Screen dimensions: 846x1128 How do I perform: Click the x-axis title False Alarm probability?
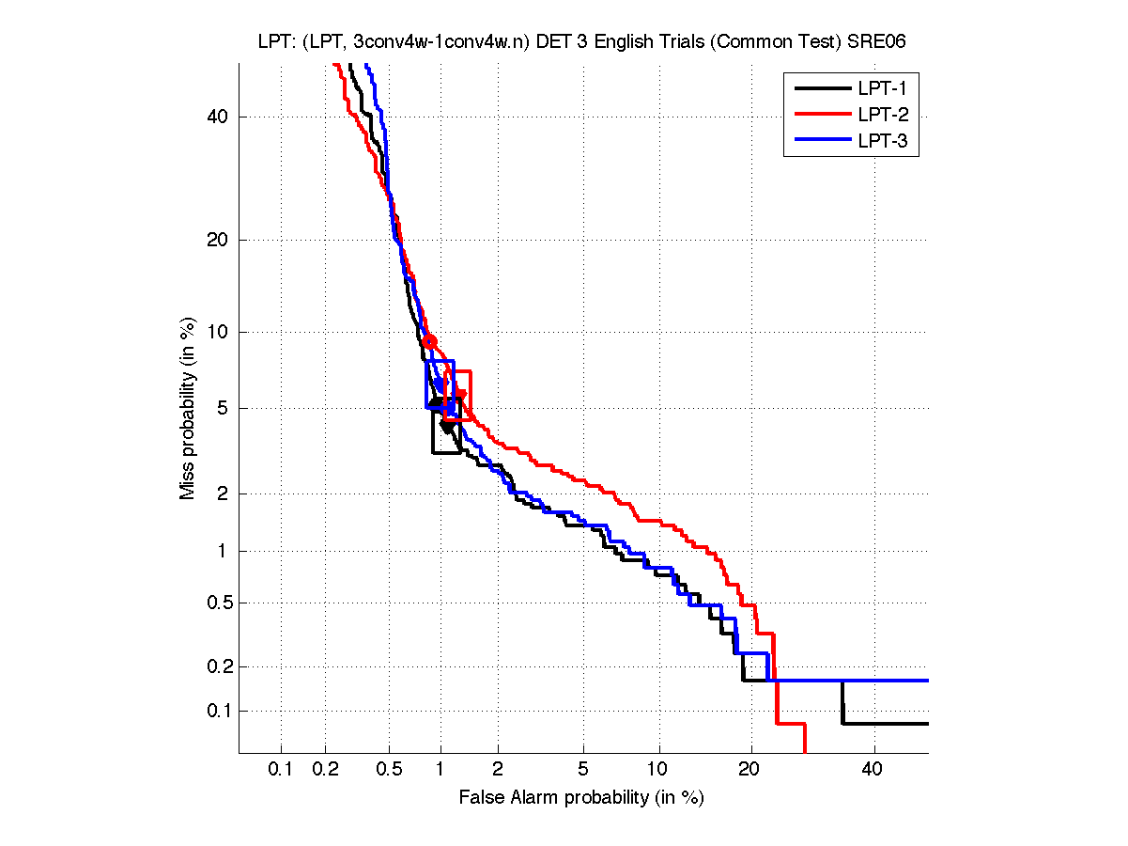click(581, 798)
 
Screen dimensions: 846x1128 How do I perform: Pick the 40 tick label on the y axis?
click(218, 117)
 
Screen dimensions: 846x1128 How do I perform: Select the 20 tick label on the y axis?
click(218, 240)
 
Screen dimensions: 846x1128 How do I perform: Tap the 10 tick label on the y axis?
click(218, 332)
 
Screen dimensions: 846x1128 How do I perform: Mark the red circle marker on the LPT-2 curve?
click(429, 341)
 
